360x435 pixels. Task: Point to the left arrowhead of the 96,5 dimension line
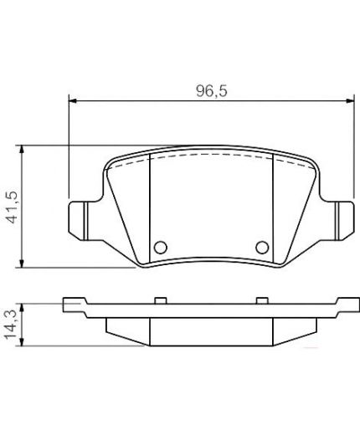(72, 102)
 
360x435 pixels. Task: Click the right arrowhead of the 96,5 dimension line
(347, 102)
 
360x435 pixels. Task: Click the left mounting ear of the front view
(77, 219)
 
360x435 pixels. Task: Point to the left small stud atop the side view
(159, 296)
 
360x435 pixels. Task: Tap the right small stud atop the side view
(261, 296)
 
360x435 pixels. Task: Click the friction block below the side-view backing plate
(210, 330)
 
